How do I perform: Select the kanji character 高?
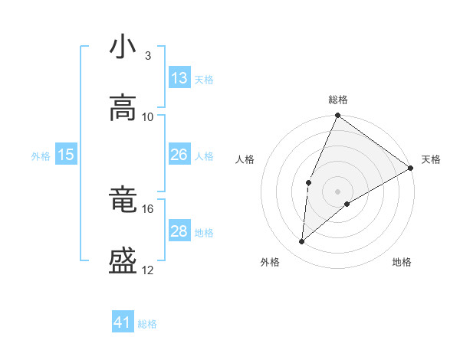(123, 108)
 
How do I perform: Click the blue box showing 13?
(179, 78)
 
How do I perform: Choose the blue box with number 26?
(179, 155)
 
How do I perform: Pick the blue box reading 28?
(179, 231)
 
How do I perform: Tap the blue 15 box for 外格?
(66, 155)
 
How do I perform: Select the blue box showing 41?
(123, 323)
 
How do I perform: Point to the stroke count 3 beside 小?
(147, 55)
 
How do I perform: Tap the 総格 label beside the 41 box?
(147, 324)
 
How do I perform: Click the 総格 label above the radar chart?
(337, 100)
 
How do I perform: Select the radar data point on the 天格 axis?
(411, 168)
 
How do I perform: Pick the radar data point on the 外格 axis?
(302, 241)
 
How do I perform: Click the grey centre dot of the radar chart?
(337, 191)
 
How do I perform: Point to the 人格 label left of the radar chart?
(245, 160)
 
